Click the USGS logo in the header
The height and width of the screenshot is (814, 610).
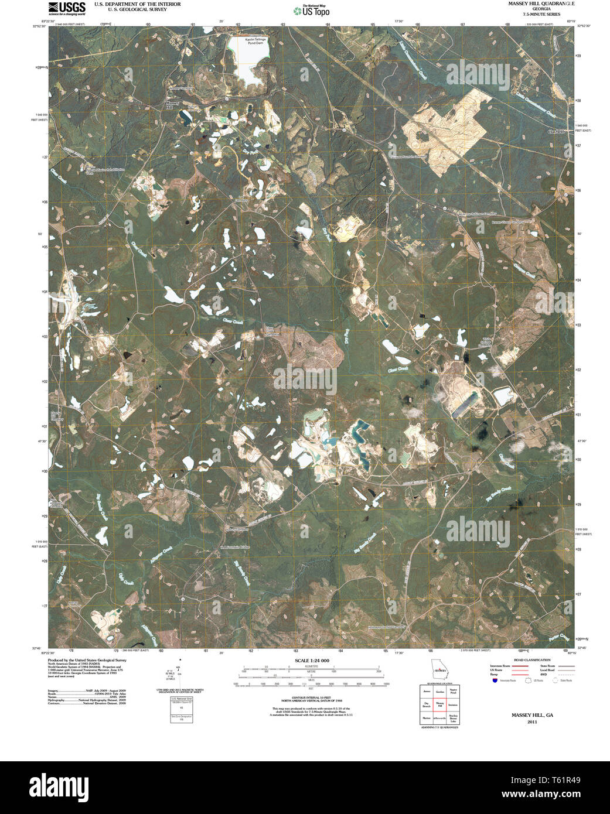click(x=66, y=8)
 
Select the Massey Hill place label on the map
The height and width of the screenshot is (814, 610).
click(x=171, y=105)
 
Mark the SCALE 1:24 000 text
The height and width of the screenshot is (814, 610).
click(x=312, y=660)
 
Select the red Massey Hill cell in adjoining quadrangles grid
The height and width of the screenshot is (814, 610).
click(x=439, y=705)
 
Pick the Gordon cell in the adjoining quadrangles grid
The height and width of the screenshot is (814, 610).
click(x=439, y=692)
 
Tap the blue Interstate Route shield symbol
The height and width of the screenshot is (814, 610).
click(x=495, y=680)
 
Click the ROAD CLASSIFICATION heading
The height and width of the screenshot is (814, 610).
click(x=531, y=660)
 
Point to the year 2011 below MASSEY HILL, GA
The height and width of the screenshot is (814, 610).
click(x=532, y=722)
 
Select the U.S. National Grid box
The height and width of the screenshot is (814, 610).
click(x=181, y=709)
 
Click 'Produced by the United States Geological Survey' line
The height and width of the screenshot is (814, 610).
click(x=87, y=660)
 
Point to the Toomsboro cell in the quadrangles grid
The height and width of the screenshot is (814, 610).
click(x=453, y=705)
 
